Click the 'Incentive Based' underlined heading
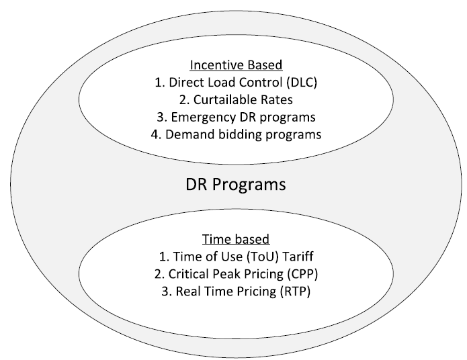(236, 65)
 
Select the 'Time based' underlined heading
(236, 239)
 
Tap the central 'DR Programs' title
(236, 184)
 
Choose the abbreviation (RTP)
(295, 291)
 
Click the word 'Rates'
(277, 100)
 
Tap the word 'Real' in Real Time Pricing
(187, 291)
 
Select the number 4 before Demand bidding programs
(155, 134)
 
